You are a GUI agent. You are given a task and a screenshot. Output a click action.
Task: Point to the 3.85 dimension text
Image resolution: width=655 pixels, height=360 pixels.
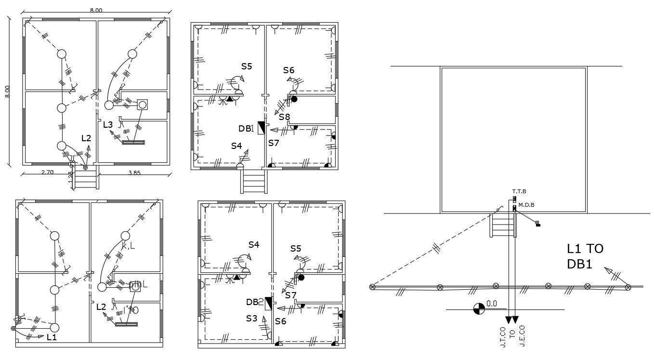pyautogui.click(x=134, y=173)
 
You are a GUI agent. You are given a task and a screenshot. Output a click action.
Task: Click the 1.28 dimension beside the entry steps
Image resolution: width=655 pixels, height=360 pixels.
pyautogui.click(x=70, y=176)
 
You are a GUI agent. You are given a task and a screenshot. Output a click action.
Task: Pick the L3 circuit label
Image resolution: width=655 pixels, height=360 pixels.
pyautogui.click(x=108, y=124)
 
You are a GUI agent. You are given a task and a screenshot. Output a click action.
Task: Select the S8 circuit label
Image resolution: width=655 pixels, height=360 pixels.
pyautogui.click(x=284, y=117)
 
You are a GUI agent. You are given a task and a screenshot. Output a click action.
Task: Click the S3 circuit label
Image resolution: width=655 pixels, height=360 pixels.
pyautogui.click(x=251, y=319)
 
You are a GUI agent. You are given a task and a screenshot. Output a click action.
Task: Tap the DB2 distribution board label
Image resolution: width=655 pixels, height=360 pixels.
pyautogui.click(x=255, y=302)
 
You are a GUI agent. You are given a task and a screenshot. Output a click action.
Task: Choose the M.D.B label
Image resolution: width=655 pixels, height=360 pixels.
pyautogui.click(x=526, y=205)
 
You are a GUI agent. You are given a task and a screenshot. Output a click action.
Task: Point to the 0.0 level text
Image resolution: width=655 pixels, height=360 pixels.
pyautogui.click(x=491, y=304)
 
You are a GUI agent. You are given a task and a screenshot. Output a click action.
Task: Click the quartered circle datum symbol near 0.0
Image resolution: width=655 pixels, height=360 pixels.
pyautogui.click(x=478, y=309)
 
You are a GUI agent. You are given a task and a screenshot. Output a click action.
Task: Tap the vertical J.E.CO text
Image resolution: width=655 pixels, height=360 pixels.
pyautogui.click(x=523, y=338)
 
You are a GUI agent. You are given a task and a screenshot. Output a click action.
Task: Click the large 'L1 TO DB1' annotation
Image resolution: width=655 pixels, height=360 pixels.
pyautogui.click(x=585, y=256)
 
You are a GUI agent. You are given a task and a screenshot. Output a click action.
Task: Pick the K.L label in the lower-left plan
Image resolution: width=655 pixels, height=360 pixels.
pyautogui.click(x=128, y=246)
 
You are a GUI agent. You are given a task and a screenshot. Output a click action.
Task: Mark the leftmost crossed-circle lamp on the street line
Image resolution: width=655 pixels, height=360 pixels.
pyautogui.click(x=372, y=288)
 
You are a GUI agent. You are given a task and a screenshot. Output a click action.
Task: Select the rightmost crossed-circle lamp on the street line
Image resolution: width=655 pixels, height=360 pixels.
pyautogui.click(x=628, y=287)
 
